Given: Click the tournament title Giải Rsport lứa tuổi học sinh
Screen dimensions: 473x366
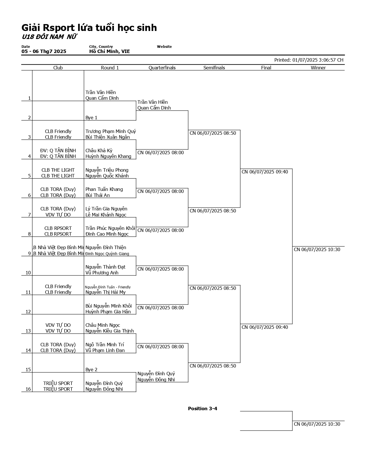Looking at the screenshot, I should click(x=89, y=28).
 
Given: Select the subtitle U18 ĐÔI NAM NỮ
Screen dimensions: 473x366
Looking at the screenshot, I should click(x=49, y=37).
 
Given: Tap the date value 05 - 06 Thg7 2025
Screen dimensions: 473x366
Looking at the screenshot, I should click(x=44, y=51).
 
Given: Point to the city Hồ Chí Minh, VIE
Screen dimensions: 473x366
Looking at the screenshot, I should click(x=109, y=51).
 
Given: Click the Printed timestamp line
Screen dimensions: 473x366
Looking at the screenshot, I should click(x=309, y=60).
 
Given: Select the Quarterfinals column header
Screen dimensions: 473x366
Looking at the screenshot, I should click(x=162, y=68).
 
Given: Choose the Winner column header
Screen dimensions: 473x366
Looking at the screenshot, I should click(x=318, y=68).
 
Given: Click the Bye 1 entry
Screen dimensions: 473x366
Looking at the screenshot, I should click(x=91, y=118).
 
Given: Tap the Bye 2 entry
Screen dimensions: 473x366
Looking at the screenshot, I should click(x=91, y=370).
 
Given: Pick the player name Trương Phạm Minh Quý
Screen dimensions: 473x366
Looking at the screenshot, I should click(x=111, y=131).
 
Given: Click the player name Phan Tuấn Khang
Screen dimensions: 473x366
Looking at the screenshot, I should click(x=104, y=189).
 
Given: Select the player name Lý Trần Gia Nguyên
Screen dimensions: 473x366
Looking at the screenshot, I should click(x=106, y=209).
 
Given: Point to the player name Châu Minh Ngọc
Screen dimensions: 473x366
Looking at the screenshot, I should click(x=102, y=325).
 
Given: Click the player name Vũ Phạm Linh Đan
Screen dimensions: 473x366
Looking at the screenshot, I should click(x=105, y=350).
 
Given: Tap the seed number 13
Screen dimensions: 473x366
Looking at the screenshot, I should click(x=28, y=331).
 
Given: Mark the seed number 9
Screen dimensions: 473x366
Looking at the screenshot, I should click(x=29, y=253).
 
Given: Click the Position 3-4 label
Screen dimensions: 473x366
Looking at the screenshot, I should click(x=202, y=408).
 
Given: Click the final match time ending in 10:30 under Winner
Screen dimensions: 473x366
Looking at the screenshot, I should click(x=317, y=249).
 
